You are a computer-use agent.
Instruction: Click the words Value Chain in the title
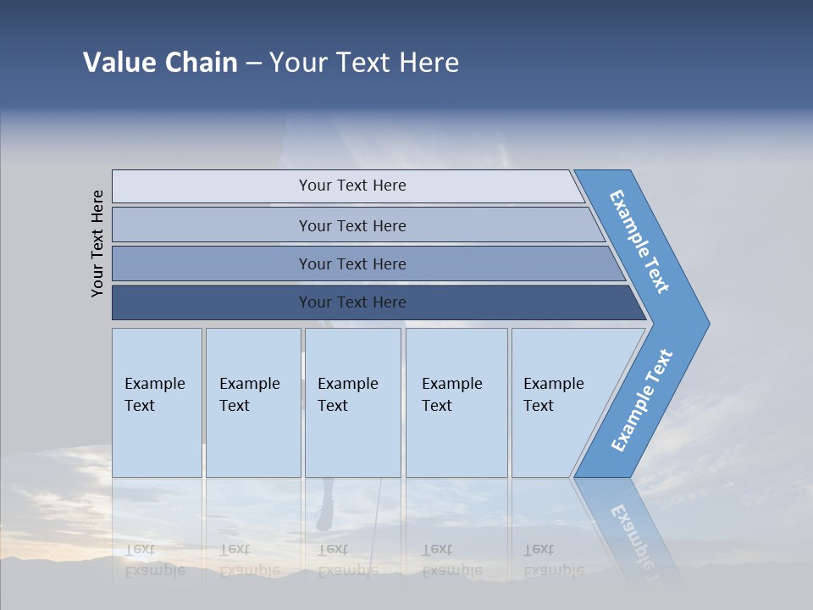[x=160, y=63]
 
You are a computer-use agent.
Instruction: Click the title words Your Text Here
[x=364, y=63]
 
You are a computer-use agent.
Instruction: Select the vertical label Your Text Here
[x=98, y=243]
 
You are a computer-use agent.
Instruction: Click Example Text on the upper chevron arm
[x=640, y=241]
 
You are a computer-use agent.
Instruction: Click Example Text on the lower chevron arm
[x=642, y=401]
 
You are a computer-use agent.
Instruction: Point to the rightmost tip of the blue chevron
[x=707, y=323]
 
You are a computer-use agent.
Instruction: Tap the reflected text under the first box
[x=154, y=560]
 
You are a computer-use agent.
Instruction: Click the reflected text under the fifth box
[x=553, y=560]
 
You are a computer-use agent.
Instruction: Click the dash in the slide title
[x=253, y=63]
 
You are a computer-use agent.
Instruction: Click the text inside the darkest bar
[x=352, y=302]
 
